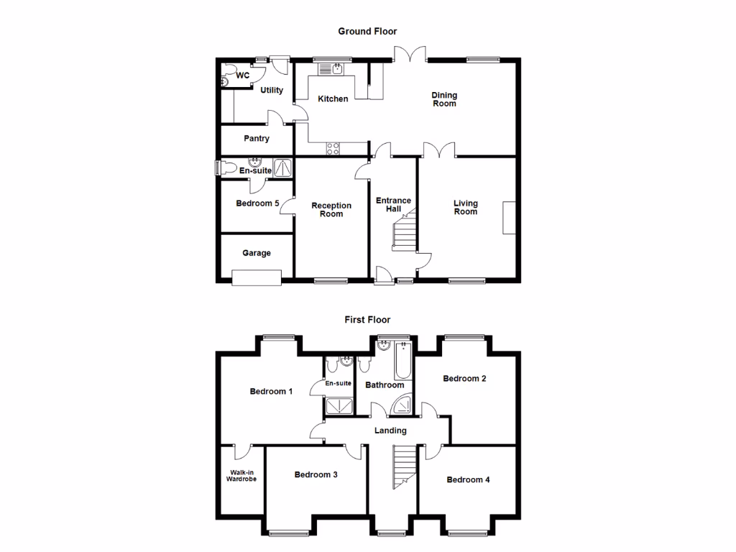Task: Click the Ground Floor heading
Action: point(367,32)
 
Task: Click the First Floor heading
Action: point(367,320)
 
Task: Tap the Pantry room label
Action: point(256,139)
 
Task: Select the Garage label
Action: point(256,253)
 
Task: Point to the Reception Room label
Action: point(331,210)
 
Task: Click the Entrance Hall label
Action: point(393,205)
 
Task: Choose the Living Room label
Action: point(466,207)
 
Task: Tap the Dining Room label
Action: point(444,99)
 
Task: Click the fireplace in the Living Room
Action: point(510,218)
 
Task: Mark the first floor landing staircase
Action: point(405,467)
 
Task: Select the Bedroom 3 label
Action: point(316,475)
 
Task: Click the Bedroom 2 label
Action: point(465,379)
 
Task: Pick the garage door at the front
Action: point(256,277)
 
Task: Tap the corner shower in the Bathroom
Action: point(402,407)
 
